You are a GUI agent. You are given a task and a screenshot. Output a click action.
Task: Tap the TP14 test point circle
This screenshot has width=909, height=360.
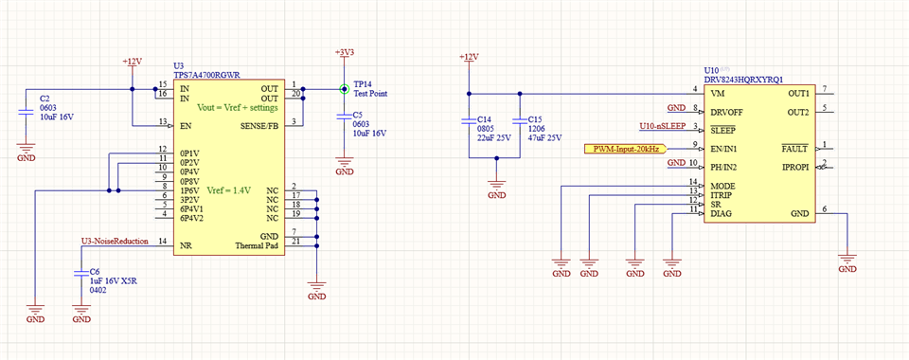345,89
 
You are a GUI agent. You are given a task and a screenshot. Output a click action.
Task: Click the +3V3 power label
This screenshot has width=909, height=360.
345,53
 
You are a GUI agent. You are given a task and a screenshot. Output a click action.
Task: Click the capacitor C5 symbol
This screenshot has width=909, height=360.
345,117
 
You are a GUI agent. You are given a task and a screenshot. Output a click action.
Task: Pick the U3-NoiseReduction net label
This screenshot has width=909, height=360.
115,242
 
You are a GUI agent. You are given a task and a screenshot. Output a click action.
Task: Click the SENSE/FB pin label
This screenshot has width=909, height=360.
258,125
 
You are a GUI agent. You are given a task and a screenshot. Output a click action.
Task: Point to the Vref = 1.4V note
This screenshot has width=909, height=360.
227,190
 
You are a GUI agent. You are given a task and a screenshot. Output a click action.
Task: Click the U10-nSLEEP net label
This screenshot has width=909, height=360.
662,126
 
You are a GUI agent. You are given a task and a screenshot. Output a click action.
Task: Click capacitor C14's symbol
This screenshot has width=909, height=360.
467,121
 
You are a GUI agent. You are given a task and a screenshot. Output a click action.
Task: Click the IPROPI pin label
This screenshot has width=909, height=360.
793,167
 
